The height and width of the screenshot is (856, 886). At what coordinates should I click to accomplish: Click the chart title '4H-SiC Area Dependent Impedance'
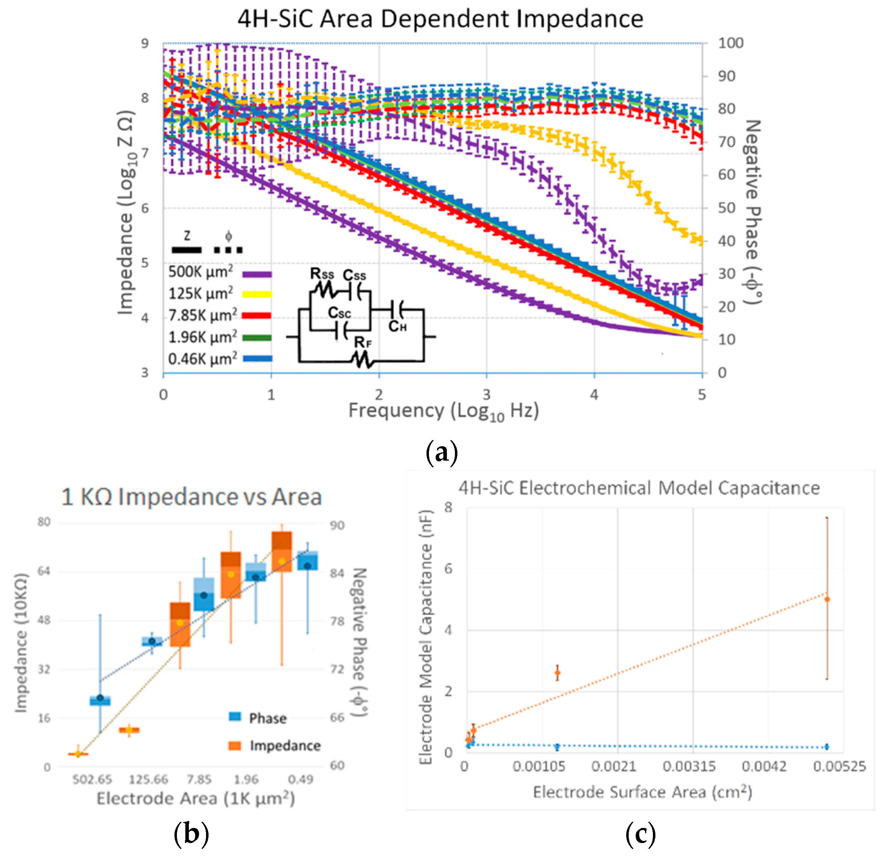[x=440, y=19]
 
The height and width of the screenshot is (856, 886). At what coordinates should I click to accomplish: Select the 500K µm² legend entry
[x=220, y=272]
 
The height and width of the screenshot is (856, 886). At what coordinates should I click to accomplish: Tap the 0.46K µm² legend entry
[x=220, y=359]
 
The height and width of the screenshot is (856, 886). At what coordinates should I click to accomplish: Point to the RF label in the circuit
[x=363, y=342]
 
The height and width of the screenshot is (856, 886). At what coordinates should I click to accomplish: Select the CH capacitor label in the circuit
[x=397, y=326]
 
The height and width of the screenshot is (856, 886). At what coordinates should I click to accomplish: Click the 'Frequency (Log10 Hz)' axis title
[x=443, y=412]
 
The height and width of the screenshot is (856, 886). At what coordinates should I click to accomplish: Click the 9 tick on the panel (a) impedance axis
[x=145, y=44]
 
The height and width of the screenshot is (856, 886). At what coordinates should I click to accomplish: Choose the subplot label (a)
[x=442, y=452]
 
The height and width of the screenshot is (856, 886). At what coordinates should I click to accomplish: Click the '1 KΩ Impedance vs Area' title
[x=191, y=497]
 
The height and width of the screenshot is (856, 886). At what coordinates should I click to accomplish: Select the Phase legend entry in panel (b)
[x=258, y=718]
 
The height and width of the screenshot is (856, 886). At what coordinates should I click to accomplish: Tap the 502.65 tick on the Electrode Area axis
[x=92, y=779]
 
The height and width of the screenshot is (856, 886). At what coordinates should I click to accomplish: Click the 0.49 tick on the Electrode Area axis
[x=300, y=779]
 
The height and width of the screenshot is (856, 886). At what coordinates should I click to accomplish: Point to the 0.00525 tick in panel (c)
[x=839, y=767]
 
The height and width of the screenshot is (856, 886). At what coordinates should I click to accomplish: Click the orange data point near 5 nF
[x=827, y=600]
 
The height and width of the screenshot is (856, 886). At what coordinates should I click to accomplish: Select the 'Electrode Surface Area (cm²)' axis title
[x=642, y=792]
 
